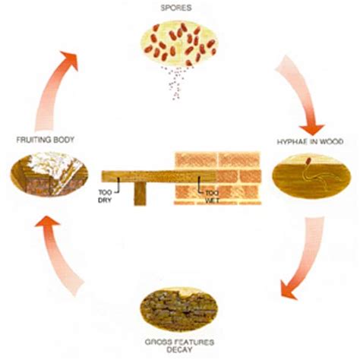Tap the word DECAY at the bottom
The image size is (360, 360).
click(x=180, y=352)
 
